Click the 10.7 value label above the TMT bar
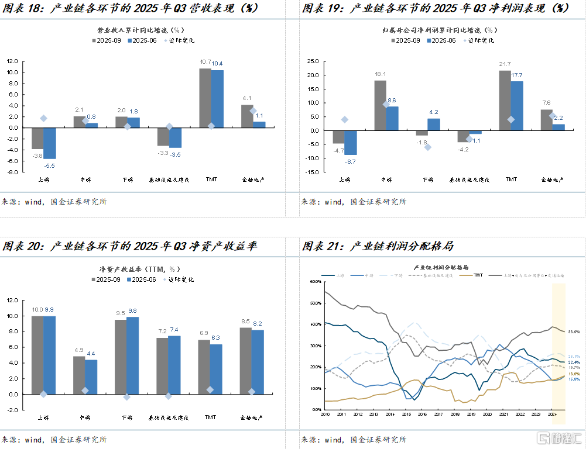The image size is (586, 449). click(205, 62)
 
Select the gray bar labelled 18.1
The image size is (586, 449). click(381, 105)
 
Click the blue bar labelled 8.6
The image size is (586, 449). click(392, 119)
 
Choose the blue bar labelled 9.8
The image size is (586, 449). click(132, 355)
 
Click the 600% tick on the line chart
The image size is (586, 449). click(316, 282)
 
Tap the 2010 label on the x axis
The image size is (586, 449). click(325, 415)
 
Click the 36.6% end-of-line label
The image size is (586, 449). click(574, 331)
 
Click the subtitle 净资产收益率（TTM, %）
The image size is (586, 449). click(140, 269)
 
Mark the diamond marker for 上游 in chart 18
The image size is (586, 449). click(43, 119)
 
